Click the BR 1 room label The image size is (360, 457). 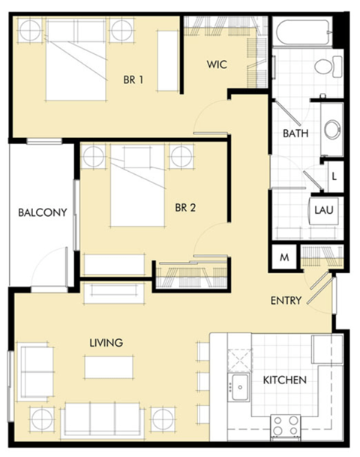pyautogui.click(x=133, y=80)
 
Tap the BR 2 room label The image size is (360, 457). pyautogui.click(x=185, y=208)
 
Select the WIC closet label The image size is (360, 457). pyautogui.click(x=217, y=65)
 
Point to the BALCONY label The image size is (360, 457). pyautogui.click(x=43, y=212)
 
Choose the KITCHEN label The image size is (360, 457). pyautogui.click(x=284, y=380)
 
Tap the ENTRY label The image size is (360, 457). pyautogui.click(x=286, y=301)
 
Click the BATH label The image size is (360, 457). pyautogui.click(x=295, y=134)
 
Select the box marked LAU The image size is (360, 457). pyautogui.click(x=324, y=209)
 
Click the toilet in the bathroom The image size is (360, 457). pyautogui.click(x=325, y=68)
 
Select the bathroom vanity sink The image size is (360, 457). pyautogui.click(x=331, y=129)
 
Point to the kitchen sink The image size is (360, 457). pyautogui.click(x=240, y=388)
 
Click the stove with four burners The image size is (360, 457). pyautogui.click(x=285, y=424)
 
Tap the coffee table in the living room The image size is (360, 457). pyautogui.click(x=103, y=367)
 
